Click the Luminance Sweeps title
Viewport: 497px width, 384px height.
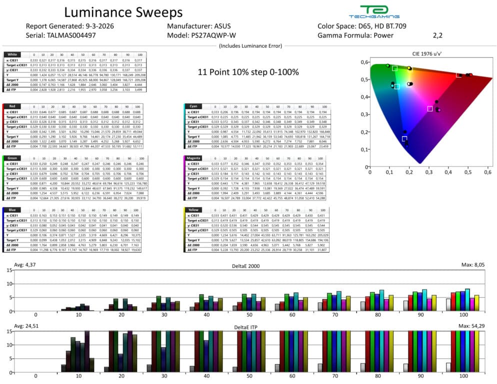click(123, 12)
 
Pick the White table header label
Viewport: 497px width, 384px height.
click(11, 54)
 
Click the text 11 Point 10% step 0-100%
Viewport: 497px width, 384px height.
click(248, 72)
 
